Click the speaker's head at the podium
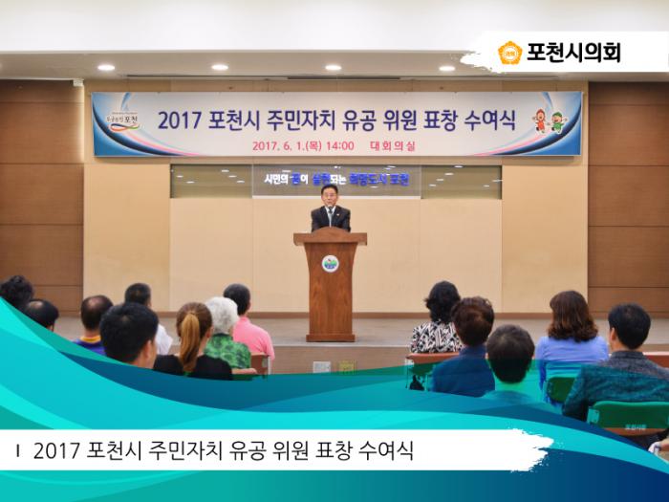pos(330,194)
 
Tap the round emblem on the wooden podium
pos(330,263)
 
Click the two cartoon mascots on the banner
pos(549,120)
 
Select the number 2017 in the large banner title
pos(178,121)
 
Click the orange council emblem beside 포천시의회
pos(509,53)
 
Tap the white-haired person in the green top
pos(226,335)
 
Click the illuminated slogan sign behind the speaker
pos(336,179)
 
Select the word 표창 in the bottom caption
pos(325,450)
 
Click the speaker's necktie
pos(330,215)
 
